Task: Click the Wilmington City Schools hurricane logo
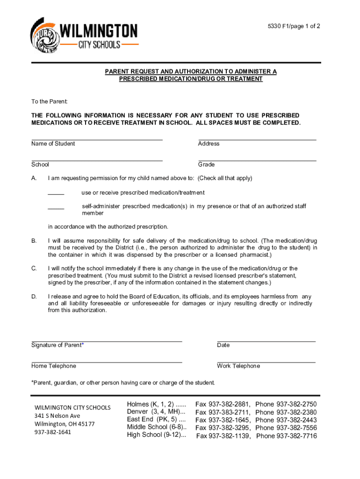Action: (x=44, y=36)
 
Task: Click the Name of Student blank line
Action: (x=97, y=139)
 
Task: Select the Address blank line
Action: (x=257, y=139)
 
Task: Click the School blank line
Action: (x=97, y=160)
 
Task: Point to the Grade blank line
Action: (x=257, y=160)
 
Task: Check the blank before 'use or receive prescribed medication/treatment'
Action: (x=56, y=193)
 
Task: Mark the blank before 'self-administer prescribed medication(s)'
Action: (x=56, y=207)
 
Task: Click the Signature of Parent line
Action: (x=107, y=341)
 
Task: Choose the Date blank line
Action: (x=266, y=341)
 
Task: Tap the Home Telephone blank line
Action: (x=107, y=362)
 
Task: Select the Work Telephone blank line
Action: (x=266, y=362)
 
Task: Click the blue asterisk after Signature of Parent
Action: (x=83, y=345)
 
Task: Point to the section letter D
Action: (x=34, y=297)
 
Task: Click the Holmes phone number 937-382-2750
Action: (x=296, y=404)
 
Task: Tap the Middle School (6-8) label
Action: (x=154, y=427)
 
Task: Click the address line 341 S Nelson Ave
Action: (x=57, y=416)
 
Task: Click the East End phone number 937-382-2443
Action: (x=296, y=420)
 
